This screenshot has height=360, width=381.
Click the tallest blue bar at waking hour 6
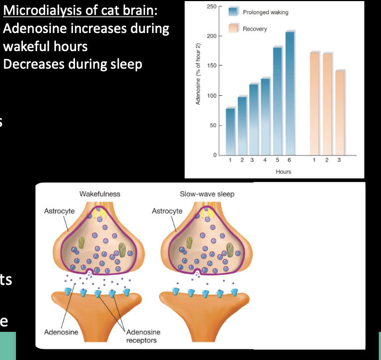click(289, 93)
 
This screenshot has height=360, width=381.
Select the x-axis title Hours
click(284, 171)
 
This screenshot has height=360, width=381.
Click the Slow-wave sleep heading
click(207, 194)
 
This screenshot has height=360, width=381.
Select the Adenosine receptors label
click(143, 336)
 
